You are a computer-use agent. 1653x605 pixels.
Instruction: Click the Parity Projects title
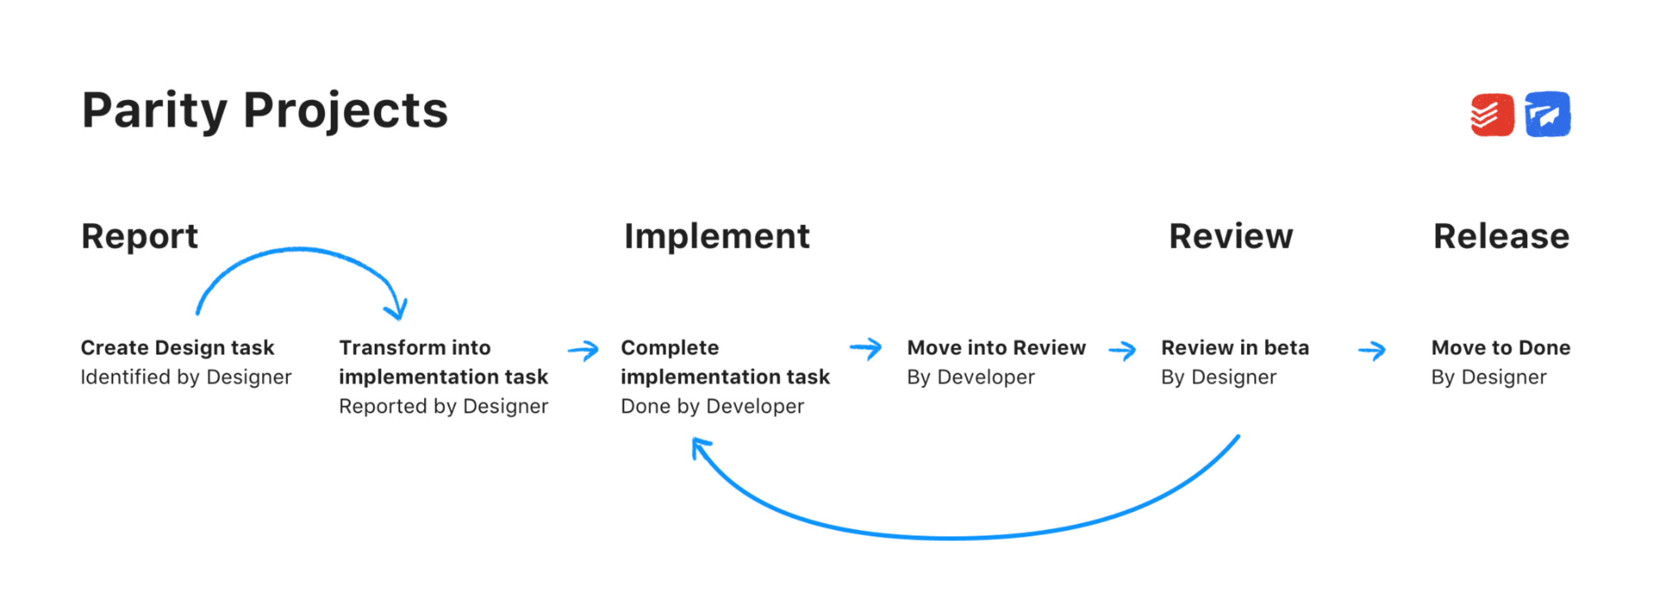pyautogui.click(x=265, y=110)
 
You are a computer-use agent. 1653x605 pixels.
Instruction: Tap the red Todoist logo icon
pyautogui.click(x=1492, y=115)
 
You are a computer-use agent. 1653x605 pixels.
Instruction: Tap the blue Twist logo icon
pyautogui.click(x=1547, y=115)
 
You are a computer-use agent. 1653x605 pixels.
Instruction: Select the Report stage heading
pyautogui.click(x=139, y=236)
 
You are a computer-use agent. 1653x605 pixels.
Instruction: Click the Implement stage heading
pyautogui.click(x=717, y=236)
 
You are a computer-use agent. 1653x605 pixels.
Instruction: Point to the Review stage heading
pyautogui.click(x=1230, y=236)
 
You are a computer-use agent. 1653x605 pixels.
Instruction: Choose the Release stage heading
pyautogui.click(x=1501, y=236)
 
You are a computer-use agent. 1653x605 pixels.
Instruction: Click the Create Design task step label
pyautogui.click(x=177, y=348)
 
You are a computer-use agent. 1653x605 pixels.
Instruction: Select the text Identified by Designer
pyautogui.click(x=186, y=377)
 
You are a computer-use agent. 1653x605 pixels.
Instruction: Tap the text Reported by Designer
pyautogui.click(x=443, y=407)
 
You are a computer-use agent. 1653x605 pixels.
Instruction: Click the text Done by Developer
pyautogui.click(x=712, y=407)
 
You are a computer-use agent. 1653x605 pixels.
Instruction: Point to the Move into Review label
pyautogui.click(x=996, y=348)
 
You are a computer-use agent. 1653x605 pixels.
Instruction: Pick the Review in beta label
pyautogui.click(x=1235, y=348)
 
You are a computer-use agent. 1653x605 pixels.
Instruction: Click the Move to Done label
pyautogui.click(x=1501, y=348)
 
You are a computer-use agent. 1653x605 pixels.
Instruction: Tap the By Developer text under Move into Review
pyautogui.click(x=970, y=377)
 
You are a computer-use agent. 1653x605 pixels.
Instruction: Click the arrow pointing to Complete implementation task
pyautogui.click(x=583, y=350)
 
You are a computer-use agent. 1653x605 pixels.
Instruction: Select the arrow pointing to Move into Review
pyautogui.click(x=866, y=349)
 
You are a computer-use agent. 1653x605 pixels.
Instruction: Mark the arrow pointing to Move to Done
pyautogui.click(x=1372, y=350)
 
